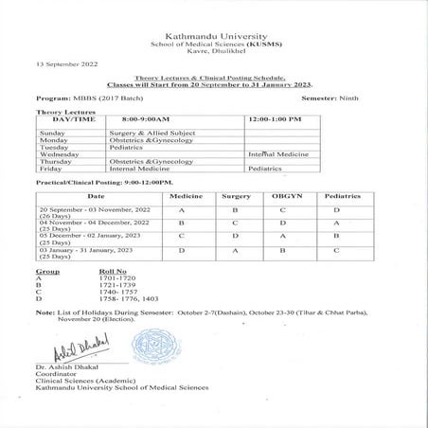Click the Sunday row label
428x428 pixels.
pyautogui.click(x=52, y=133)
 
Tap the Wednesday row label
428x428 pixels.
pyautogui.click(x=59, y=153)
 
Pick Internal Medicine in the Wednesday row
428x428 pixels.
pyautogui.click(x=274, y=153)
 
